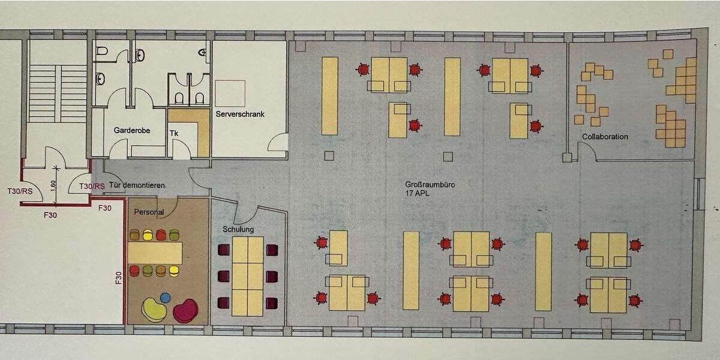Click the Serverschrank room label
click(239, 114)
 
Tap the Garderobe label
click(131, 130)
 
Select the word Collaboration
click(605, 137)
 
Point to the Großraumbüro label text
click(430, 185)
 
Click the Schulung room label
click(238, 229)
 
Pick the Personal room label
click(149, 212)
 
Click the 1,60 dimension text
click(53, 185)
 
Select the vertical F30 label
click(119, 279)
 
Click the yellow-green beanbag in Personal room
click(154, 309)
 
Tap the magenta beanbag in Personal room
click(185, 310)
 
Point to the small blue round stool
click(166, 297)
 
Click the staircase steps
click(58, 93)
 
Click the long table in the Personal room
click(154, 253)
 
